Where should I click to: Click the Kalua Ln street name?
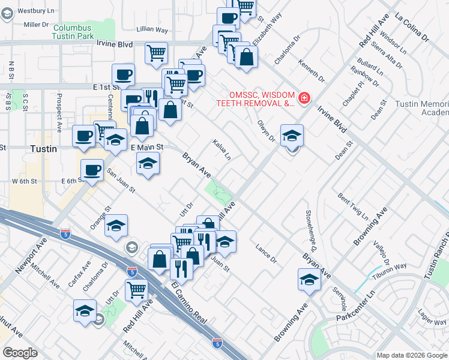coord(222,151)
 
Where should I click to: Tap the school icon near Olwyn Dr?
coord(292,136)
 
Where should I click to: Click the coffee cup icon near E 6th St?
coord(92,171)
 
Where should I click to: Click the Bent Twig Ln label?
coord(352,205)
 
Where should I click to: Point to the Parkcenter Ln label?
coord(355,305)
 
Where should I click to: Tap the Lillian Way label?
coord(152,29)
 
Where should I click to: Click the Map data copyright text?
coord(411,355)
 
